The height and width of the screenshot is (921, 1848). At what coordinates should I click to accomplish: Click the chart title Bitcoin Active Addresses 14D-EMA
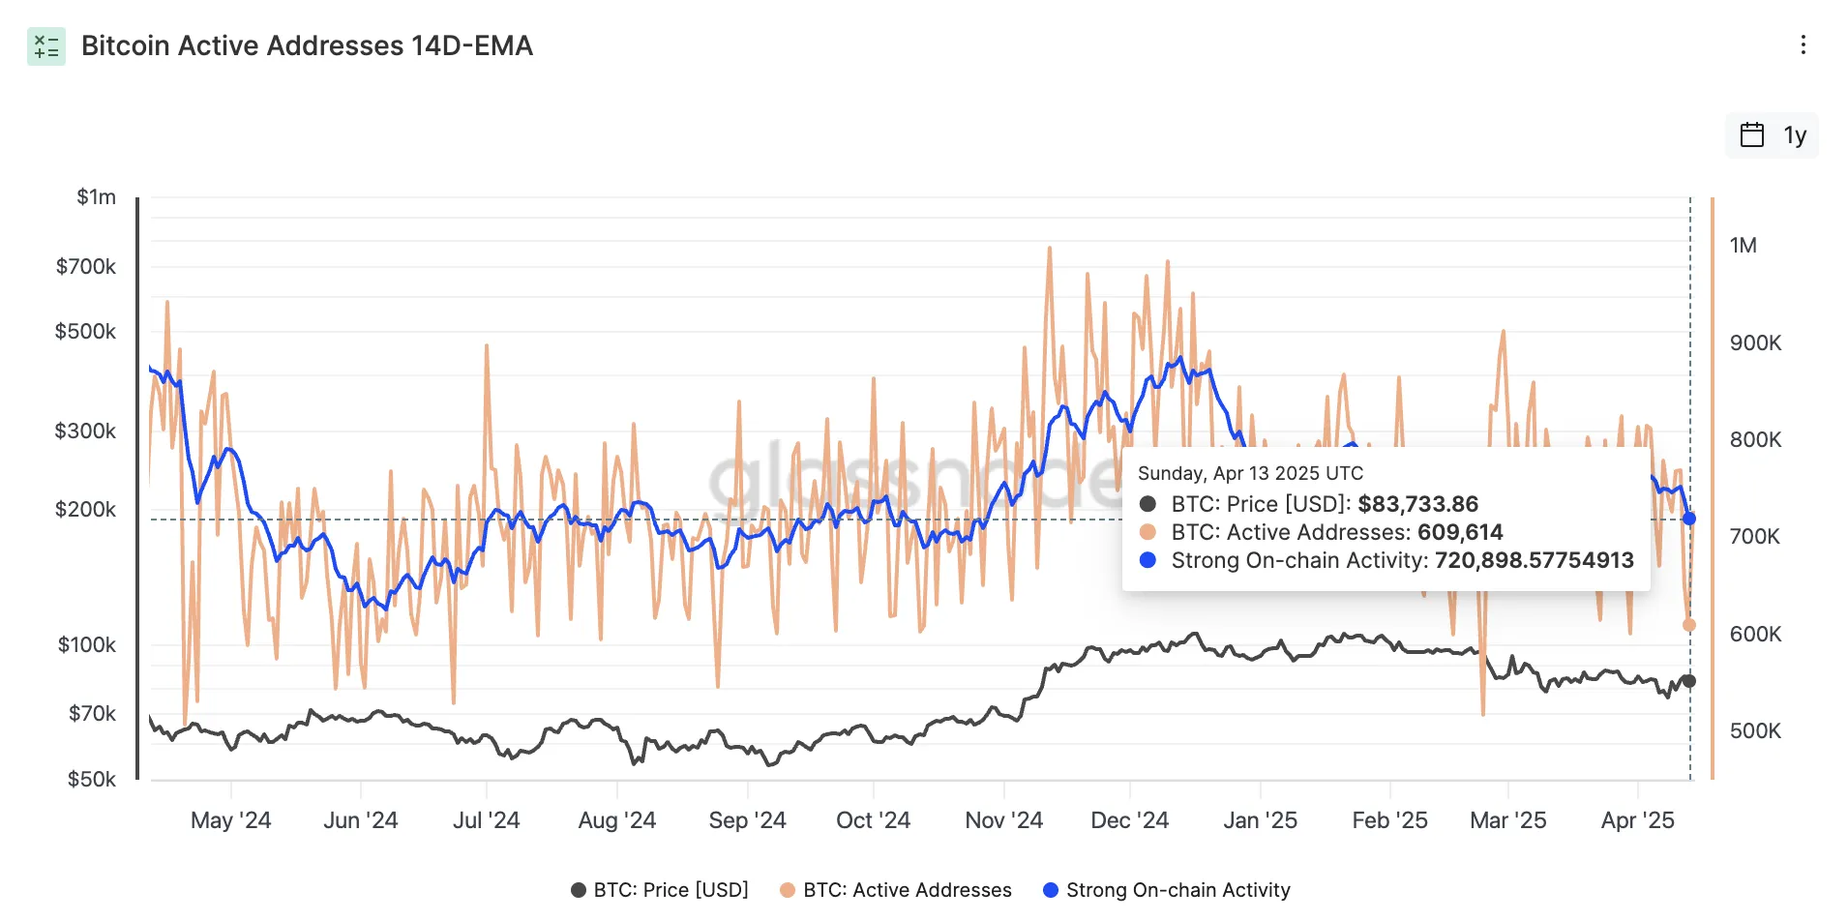307,45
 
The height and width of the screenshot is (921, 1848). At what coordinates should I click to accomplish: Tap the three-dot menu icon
1803,45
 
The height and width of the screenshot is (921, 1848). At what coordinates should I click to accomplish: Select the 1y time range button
1773,135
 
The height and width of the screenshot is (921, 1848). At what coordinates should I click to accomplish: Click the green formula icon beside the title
46,46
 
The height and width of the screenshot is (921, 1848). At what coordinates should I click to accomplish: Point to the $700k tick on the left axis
86,266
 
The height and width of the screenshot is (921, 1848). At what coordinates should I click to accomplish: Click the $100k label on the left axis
86,644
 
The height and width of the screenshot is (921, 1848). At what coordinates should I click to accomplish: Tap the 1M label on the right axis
1743,246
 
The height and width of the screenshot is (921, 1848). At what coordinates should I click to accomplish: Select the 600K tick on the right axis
1755,634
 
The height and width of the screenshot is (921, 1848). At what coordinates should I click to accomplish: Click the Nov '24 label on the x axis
1003,820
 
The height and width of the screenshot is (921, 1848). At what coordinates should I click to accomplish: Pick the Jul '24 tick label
486,820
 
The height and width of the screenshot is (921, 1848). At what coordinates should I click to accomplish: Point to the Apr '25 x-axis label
1637,820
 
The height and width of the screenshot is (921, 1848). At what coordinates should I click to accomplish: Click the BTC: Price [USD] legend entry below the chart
660,890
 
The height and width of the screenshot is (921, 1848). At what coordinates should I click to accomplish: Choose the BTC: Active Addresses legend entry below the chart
896,890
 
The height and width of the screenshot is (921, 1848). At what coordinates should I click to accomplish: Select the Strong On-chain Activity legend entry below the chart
1167,890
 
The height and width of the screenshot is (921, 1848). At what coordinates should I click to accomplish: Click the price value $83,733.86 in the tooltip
1417,504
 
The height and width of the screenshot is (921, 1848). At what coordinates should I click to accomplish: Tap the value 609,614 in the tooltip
1460,532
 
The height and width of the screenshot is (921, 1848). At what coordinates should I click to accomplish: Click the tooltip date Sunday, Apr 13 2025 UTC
1250,473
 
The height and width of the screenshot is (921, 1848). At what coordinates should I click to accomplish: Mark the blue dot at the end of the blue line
1689,519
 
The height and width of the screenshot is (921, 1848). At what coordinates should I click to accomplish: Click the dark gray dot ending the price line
1689,681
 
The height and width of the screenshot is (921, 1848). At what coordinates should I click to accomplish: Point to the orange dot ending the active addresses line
1689,625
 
